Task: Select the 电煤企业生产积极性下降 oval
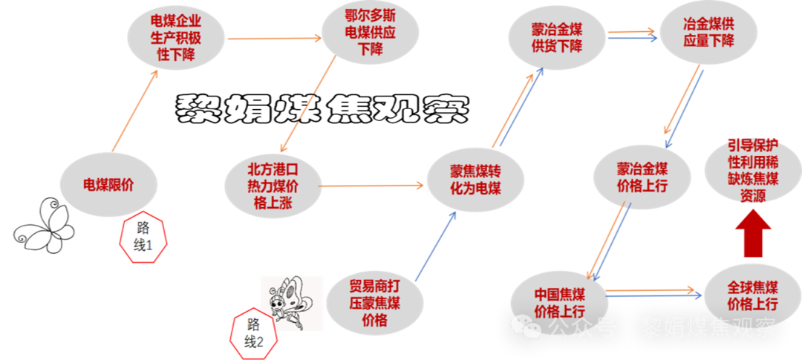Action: click(x=176, y=39)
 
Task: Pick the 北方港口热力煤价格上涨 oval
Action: click(x=273, y=186)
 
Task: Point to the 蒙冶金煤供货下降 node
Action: click(x=556, y=38)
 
